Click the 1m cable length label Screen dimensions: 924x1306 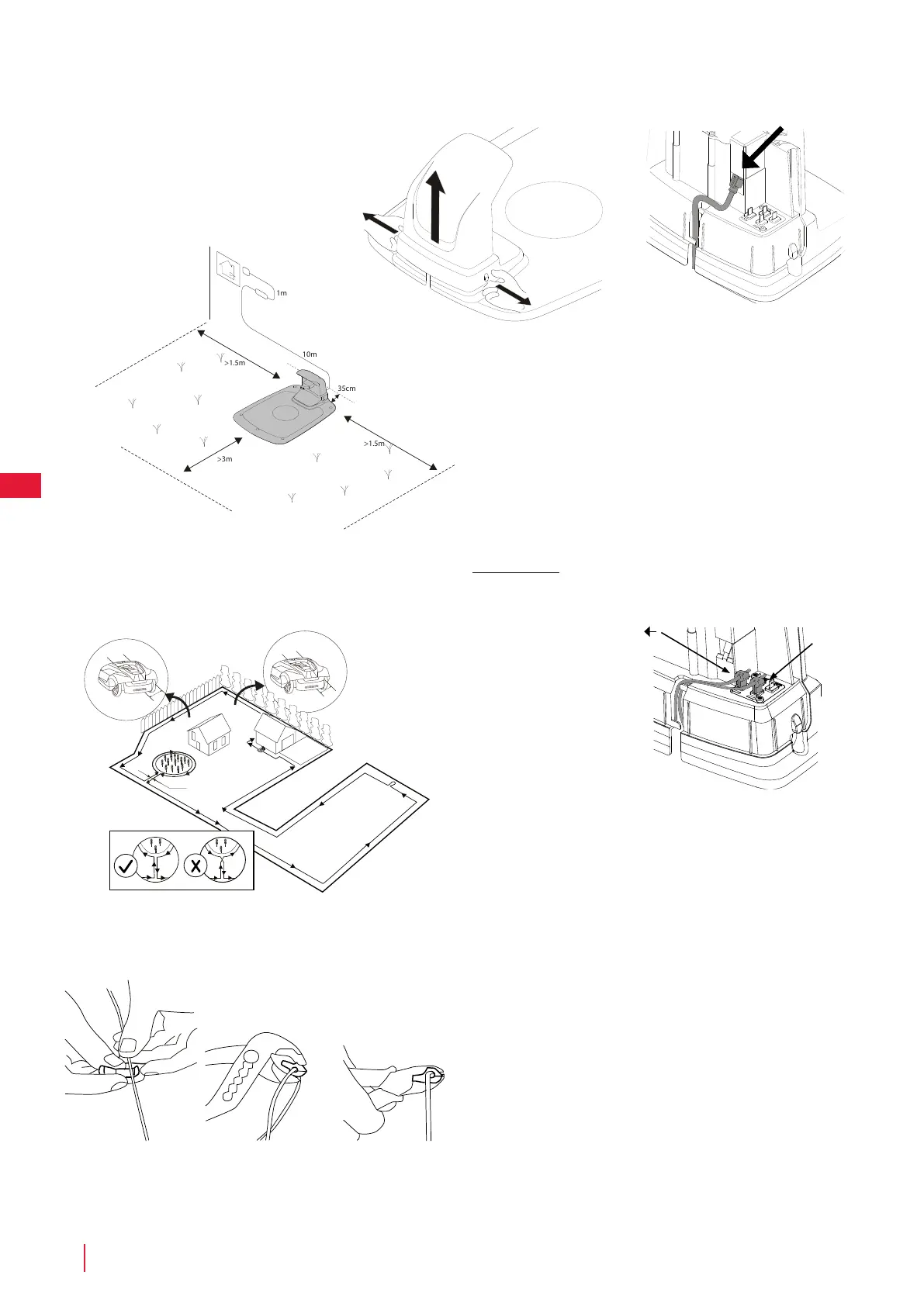click(x=282, y=293)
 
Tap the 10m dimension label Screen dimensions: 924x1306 click(x=310, y=354)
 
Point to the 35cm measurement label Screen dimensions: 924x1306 click(x=346, y=388)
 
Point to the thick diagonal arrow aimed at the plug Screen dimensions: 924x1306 click(x=763, y=148)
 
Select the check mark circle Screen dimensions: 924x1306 click(x=126, y=865)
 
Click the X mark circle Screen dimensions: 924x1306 click(x=196, y=865)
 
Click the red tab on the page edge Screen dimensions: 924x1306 click(x=20, y=484)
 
